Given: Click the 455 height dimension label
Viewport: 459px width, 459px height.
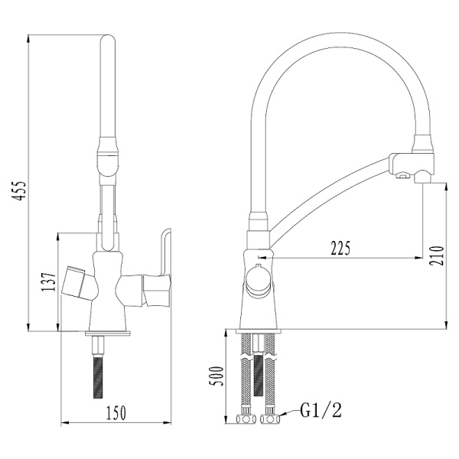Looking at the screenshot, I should [21, 191].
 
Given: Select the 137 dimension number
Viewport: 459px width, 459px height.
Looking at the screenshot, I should [48, 284].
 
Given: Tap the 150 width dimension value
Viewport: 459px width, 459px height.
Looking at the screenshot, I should [115, 413].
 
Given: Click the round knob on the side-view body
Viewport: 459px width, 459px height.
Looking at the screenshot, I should [256, 281].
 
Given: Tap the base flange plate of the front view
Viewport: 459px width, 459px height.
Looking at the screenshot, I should [107, 331].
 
